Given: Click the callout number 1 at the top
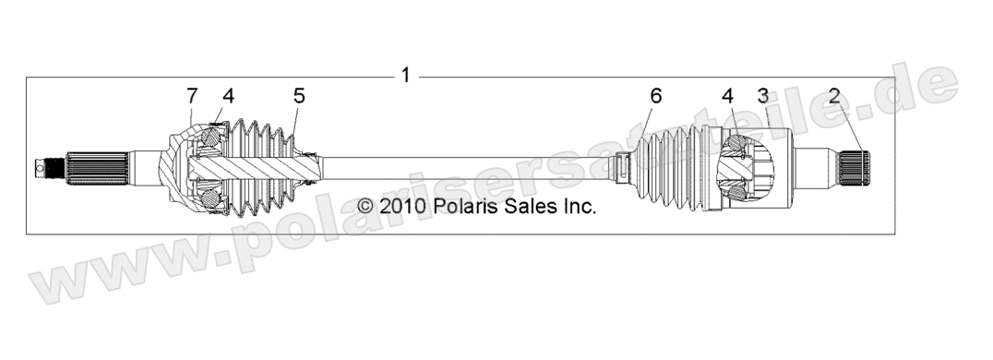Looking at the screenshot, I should [x=404, y=75].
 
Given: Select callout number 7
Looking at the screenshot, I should [x=191, y=95].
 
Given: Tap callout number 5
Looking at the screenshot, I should [x=299, y=95].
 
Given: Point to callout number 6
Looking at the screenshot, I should [x=656, y=95].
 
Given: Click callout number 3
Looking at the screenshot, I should [x=762, y=95].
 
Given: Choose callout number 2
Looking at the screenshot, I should [x=834, y=95].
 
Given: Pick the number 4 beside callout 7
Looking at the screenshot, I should [x=227, y=95].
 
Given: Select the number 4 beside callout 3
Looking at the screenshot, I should [x=728, y=95].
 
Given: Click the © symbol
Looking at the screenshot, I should [x=366, y=206].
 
